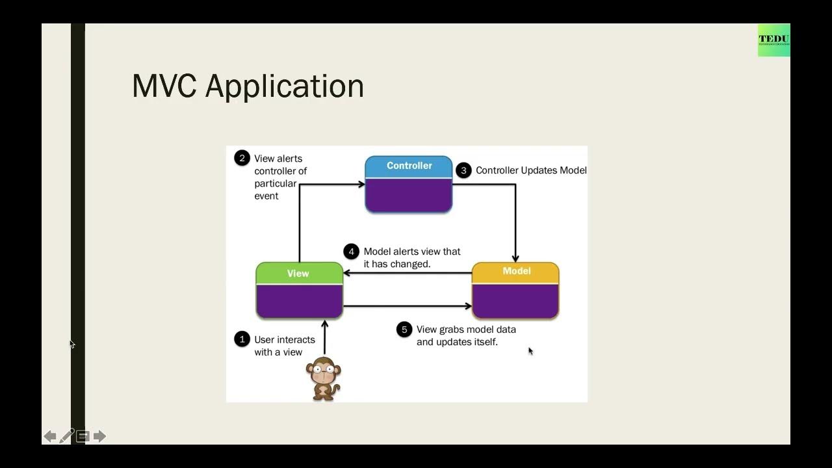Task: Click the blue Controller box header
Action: (x=408, y=166)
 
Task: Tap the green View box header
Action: (x=299, y=274)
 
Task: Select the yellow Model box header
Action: (x=515, y=272)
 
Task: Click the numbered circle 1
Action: (x=242, y=339)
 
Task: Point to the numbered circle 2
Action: (x=242, y=158)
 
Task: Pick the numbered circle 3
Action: (x=463, y=170)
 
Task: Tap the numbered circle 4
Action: (x=351, y=252)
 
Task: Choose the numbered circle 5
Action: (x=404, y=330)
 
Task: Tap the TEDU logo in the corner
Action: (x=773, y=40)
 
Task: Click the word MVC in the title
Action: (x=164, y=86)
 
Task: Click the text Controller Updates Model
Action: (x=530, y=170)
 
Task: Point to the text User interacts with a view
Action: (x=284, y=346)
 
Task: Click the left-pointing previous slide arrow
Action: (x=50, y=436)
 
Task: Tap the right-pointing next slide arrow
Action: (x=99, y=436)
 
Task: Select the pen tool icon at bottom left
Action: (x=66, y=436)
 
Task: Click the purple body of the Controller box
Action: (x=408, y=195)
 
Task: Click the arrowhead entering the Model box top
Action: (x=515, y=259)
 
